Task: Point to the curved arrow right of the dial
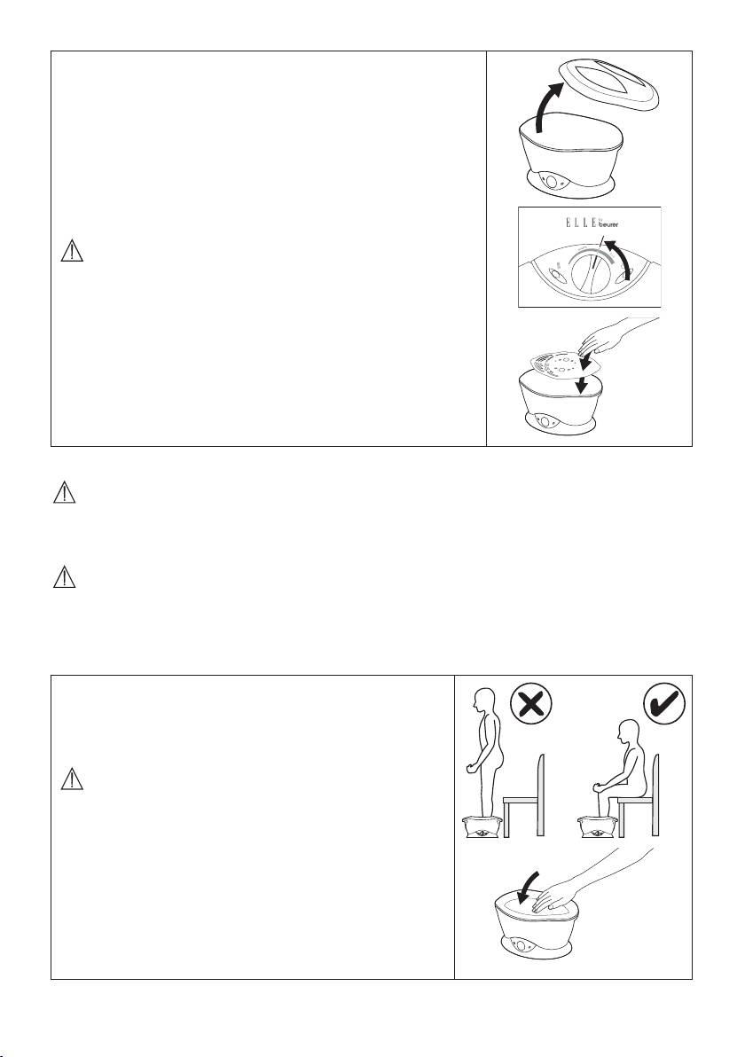tap(622, 257)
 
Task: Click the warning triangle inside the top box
tap(72, 252)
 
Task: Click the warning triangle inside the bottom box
tap(72, 779)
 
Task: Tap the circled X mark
tap(530, 704)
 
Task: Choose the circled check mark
tap(664, 704)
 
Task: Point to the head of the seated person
tap(628, 733)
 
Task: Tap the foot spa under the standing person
tap(482, 826)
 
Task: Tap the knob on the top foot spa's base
tap(552, 183)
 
